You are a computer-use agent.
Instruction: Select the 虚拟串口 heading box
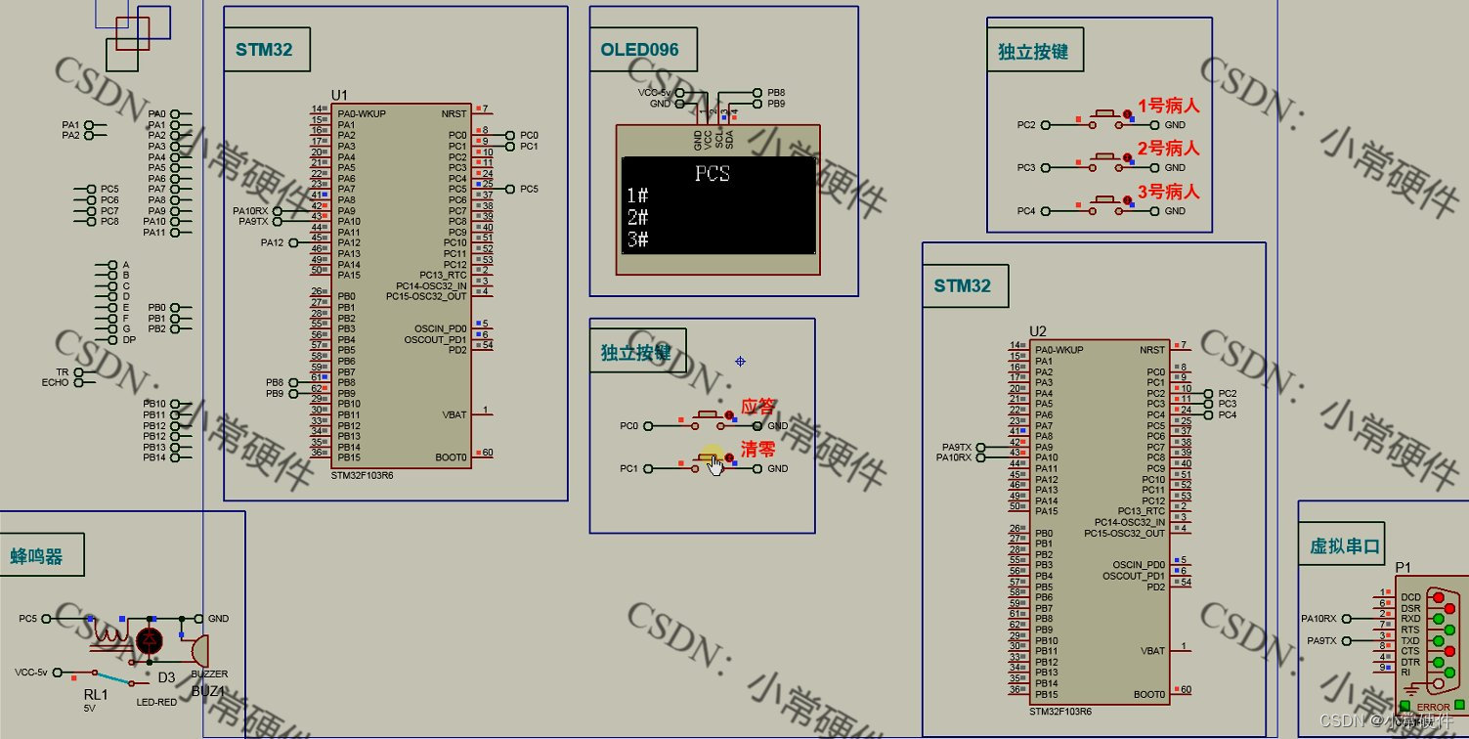click(1346, 546)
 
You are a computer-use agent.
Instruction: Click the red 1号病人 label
click(1168, 106)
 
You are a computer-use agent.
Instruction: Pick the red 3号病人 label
click(1168, 192)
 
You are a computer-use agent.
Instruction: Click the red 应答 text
click(758, 406)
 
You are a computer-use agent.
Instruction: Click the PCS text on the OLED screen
click(713, 175)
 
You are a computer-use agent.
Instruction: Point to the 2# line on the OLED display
click(637, 217)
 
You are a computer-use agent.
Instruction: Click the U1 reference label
click(339, 94)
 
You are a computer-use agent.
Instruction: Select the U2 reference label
click(1038, 331)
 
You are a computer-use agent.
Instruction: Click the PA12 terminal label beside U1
click(273, 242)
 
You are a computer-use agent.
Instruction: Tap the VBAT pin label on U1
click(454, 414)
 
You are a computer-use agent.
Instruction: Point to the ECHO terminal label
click(56, 382)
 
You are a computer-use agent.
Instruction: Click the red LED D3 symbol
click(151, 641)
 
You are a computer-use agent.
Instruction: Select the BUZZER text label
click(209, 674)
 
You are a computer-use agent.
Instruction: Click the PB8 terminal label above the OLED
click(776, 93)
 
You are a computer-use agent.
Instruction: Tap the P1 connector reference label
click(1403, 567)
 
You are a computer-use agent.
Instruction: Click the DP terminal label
click(129, 340)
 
